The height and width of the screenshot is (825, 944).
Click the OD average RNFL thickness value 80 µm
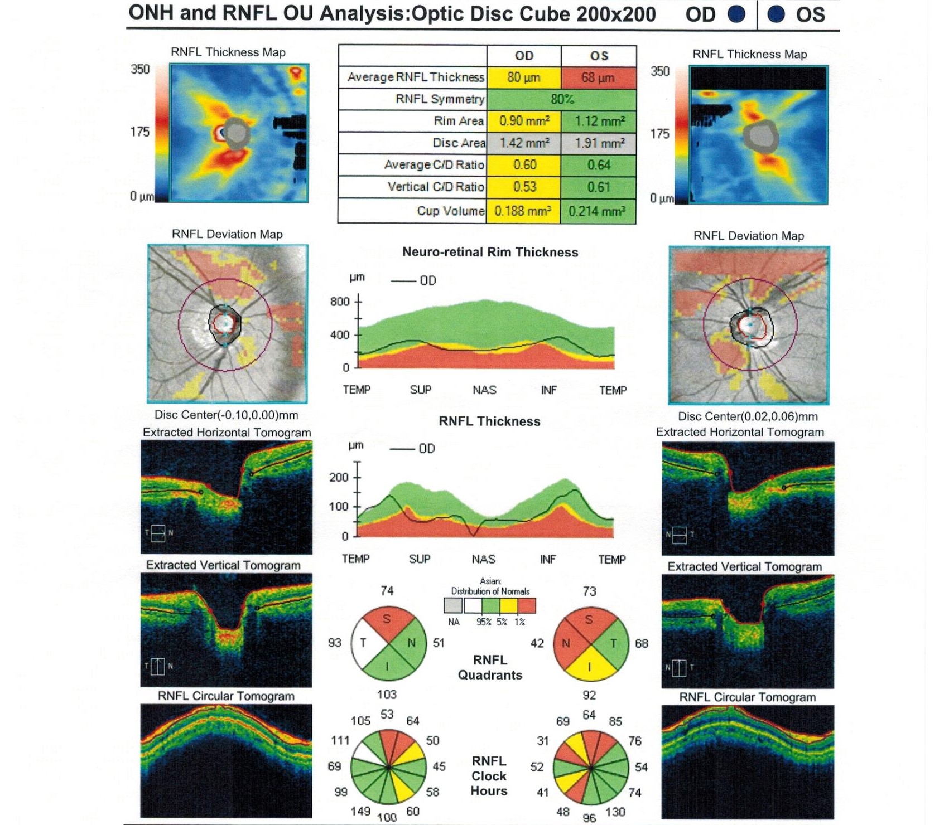523,77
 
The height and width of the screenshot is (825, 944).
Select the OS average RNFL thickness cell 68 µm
598,77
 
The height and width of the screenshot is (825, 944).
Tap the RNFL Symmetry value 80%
561,99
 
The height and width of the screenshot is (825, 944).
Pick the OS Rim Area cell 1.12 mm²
598,121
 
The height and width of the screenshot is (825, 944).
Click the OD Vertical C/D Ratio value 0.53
524,187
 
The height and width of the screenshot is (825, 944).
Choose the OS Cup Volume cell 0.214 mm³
598,211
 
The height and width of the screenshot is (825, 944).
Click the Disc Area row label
459,143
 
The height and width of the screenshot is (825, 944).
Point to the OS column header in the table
599,56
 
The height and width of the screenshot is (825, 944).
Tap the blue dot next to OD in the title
737,14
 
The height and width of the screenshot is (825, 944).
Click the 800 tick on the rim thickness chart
340,302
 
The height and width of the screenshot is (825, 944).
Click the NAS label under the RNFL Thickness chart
483,559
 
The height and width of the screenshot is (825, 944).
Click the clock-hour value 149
360,811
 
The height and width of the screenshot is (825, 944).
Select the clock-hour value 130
615,812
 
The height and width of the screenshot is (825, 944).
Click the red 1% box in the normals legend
527,606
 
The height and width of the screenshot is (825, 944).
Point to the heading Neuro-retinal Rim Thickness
490,252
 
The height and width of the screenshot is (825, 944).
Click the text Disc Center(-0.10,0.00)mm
226,415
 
